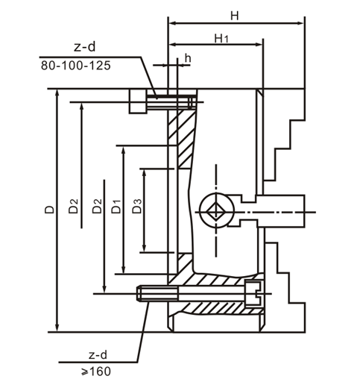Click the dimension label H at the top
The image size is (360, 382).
[x=234, y=16]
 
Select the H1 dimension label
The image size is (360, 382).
[x=221, y=39]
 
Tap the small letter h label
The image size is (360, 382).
[x=188, y=58]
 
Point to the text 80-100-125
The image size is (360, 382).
[x=76, y=66]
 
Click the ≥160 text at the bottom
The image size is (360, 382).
[x=95, y=372]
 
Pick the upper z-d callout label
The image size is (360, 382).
[x=84, y=46]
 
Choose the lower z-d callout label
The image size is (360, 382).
[x=98, y=355]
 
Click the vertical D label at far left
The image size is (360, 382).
[x=49, y=210]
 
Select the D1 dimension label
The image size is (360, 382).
[x=116, y=206]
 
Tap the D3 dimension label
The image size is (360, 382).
[x=137, y=206]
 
